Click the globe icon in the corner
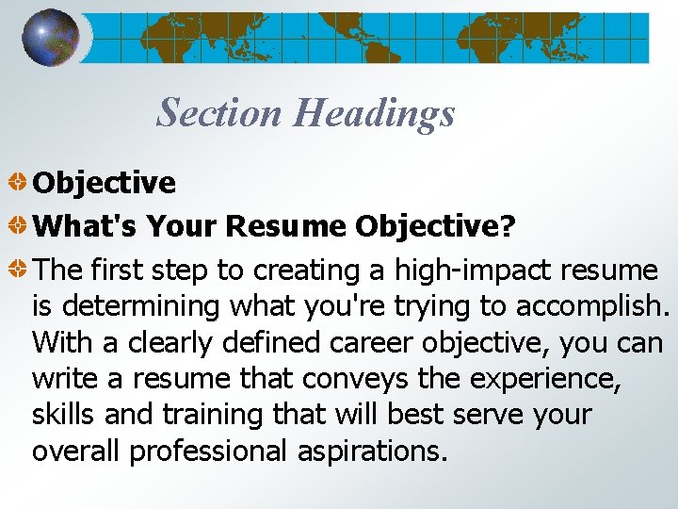[51, 38]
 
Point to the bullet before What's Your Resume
[18, 226]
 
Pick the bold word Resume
[286, 226]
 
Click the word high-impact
[476, 271]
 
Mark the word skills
[64, 414]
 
